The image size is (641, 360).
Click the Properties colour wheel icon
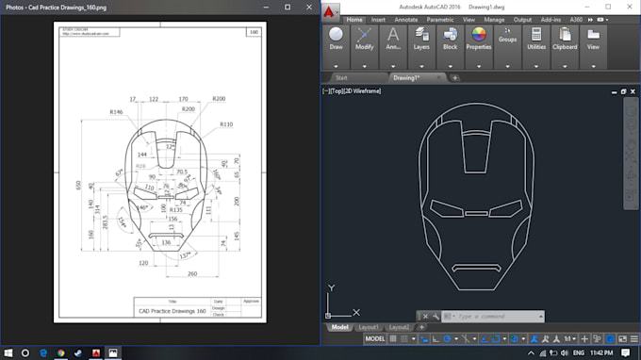(x=478, y=36)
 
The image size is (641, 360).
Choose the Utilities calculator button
(x=536, y=38)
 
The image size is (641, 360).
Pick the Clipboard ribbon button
(x=565, y=38)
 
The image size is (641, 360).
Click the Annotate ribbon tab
(x=406, y=19)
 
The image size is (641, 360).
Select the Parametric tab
(x=439, y=19)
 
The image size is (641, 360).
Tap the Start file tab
(x=341, y=77)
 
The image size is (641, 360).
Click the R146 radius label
(x=117, y=112)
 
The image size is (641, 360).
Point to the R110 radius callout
(x=225, y=124)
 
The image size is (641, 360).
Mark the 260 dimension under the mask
(x=192, y=275)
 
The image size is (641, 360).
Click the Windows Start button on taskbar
(x=8, y=352)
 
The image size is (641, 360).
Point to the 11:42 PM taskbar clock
(x=600, y=352)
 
